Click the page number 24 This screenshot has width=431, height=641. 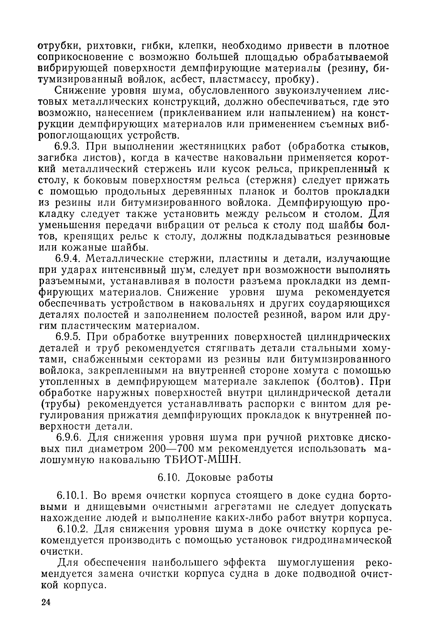46,602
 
